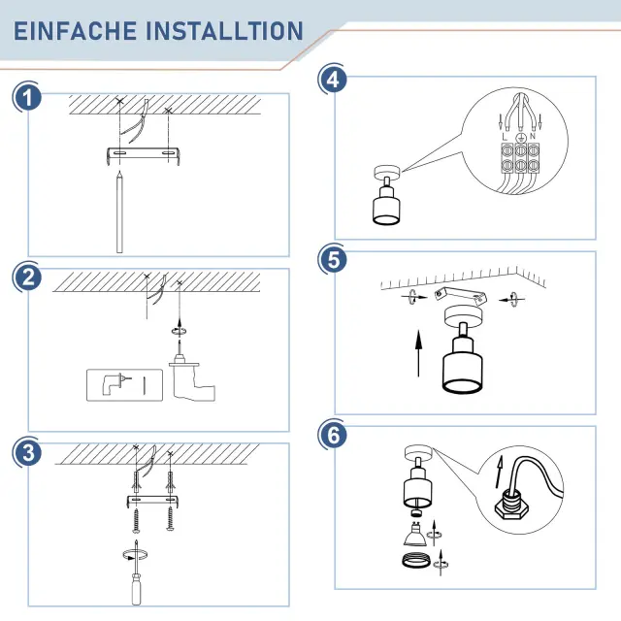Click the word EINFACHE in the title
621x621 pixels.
pos(76,31)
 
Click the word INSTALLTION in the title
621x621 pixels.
pos(225,31)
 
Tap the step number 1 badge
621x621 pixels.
pos(27,98)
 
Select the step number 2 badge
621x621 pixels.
pos(27,277)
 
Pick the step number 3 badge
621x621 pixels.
pos(27,452)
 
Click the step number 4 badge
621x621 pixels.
pos(333,80)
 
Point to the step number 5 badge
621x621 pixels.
pos(333,260)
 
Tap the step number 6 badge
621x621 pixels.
pos(333,435)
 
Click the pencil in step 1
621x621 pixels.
pos(119,212)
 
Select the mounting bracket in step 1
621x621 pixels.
pos(144,153)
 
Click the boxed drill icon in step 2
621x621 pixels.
pos(124,385)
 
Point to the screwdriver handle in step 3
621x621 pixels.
pos(136,590)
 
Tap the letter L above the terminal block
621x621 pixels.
pos(505,137)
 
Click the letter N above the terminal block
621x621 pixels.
pos(533,136)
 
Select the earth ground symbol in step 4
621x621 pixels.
pos(521,138)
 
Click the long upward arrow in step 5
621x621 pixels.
pos(418,353)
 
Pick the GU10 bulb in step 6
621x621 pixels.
pos(414,535)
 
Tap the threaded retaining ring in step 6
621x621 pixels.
pos(416,561)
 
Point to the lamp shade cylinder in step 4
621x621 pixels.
pos(386,207)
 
